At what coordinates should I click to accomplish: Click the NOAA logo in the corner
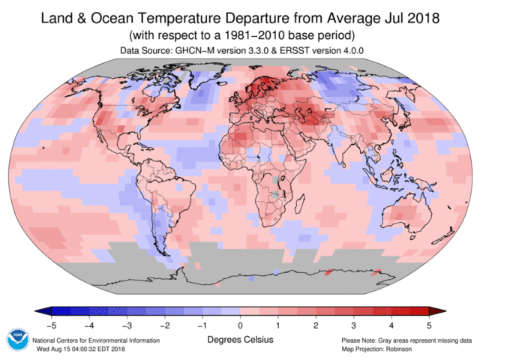pyautogui.click(x=17, y=339)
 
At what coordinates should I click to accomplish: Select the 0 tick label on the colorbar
pyautogui.click(x=240, y=325)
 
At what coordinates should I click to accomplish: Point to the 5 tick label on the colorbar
pyautogui.click(x=428, y=325)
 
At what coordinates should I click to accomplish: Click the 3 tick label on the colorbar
pyautogui.click(x=353, y=325)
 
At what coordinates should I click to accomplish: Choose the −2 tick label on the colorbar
pyautogui.click(x=164, y=325)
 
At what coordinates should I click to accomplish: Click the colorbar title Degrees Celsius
pyautogui.click(x=240, y=340)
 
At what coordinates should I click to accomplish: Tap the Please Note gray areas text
pyautogui.click(x=406, y=340)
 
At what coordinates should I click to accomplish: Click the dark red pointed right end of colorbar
pyautogui.click(x=434, y=311)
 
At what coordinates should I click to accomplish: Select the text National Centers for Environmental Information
pyautogui.click(x=96, y=340)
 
